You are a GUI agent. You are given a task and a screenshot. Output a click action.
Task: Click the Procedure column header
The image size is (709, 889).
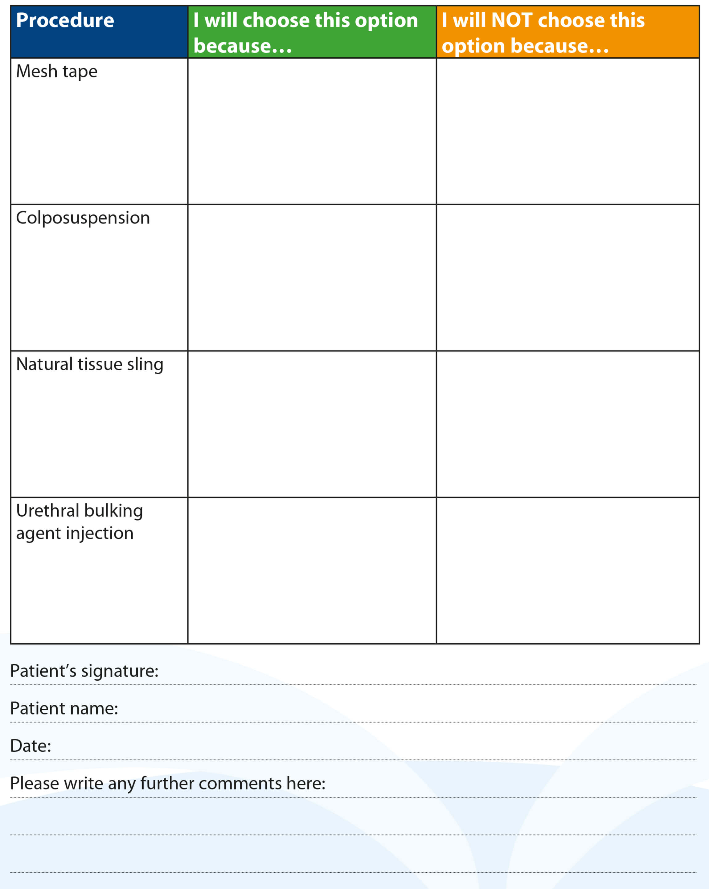click(x=65, y=21)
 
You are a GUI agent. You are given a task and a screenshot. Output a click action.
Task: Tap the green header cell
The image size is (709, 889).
click(x=312, y=32)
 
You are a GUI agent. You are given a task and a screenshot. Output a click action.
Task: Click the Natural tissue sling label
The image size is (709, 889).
click(x=89, y=364)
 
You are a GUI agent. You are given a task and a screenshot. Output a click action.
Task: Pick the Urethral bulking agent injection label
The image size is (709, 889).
click(x=79, y=522)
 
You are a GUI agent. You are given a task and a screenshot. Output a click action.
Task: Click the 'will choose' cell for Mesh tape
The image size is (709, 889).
click(x=312, y=131)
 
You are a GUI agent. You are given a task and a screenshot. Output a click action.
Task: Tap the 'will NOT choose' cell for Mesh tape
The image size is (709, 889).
click(x=568, y=131)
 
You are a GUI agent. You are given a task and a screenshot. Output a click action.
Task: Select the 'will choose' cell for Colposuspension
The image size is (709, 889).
click(x=312, y=277)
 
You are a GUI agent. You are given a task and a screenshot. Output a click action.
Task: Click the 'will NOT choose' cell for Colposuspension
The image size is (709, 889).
click(x=568, y=277)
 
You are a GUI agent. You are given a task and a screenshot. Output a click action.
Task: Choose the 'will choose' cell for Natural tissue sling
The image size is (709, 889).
click(x=312, y=424)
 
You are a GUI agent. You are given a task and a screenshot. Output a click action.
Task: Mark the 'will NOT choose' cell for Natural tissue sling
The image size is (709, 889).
click(x=568, y=424)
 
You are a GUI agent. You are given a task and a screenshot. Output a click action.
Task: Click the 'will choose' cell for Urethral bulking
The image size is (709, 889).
click(x=312, y=570)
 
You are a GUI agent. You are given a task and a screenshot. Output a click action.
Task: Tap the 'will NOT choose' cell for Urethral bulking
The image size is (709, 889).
click(x=568, y=570)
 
